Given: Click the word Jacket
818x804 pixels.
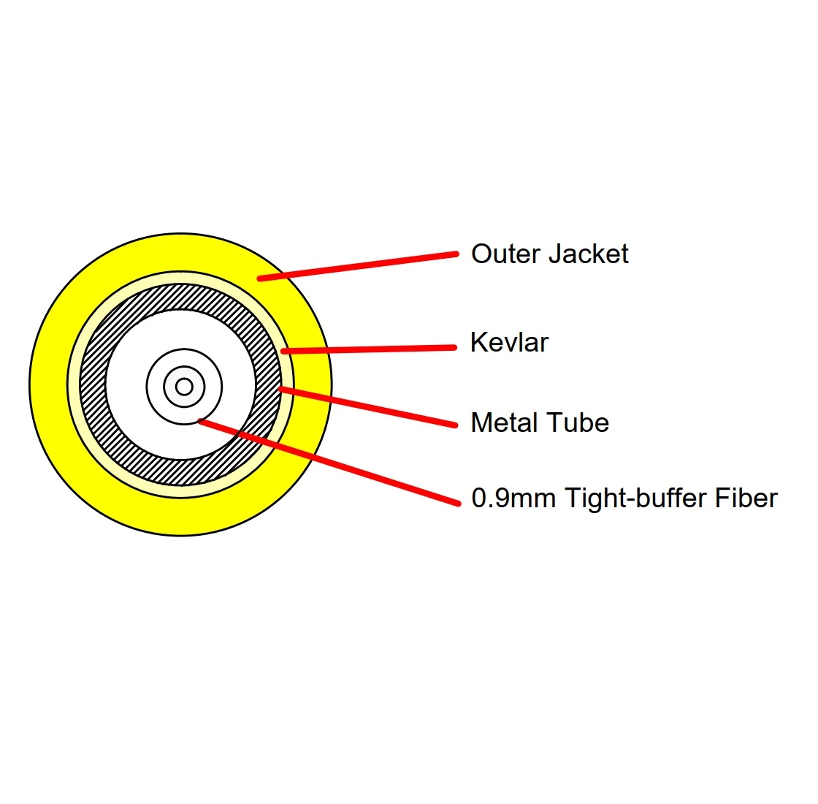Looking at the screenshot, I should (x=588, y=254).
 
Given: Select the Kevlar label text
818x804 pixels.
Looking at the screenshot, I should (x=509, y=343).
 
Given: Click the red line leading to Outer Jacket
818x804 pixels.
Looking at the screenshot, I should (x=358, y=266).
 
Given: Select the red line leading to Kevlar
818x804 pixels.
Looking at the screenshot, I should (x=369, y=349).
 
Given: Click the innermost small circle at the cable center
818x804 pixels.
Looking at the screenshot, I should (x=184, y=386).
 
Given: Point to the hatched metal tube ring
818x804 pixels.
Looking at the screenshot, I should (x=93, y=384).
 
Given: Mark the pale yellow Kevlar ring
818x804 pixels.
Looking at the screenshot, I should (x=74, y=384).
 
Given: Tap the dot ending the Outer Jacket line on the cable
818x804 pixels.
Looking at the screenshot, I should (x=260, y=278).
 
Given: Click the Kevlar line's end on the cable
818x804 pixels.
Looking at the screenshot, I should (x=283, y=352).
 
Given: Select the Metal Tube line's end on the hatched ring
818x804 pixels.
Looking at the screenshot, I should (x=280, y=389).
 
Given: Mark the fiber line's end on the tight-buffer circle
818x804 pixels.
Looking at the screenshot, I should (x=200, y=420).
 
